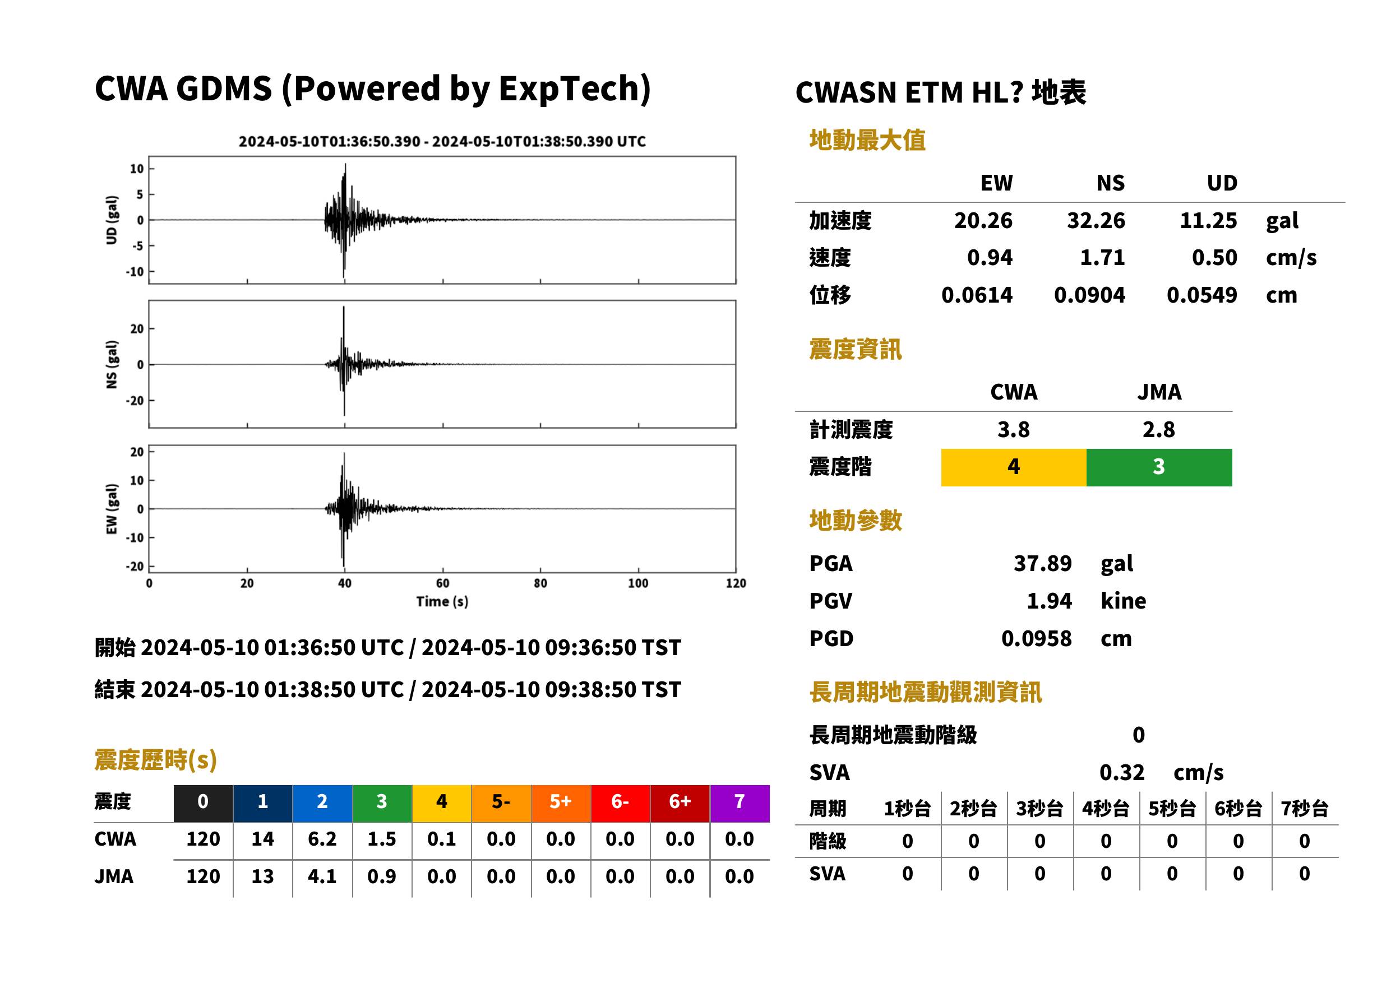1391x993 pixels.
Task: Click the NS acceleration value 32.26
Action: pos(1096,220)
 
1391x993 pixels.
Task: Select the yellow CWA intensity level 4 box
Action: pos(1014,467)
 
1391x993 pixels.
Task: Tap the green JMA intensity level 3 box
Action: pos(1159,467)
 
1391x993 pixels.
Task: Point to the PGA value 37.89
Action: pos(1042,563)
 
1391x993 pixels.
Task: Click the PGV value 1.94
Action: pos(1049,601)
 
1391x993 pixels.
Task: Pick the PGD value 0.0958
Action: pos(1036,638)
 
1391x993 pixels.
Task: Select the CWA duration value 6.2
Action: pos(322,839)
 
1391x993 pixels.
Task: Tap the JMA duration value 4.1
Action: pos(322,876)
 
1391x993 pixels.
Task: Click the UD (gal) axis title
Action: pos(112,220)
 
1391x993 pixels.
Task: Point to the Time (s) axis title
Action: pos(442,602)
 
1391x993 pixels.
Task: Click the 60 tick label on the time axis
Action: pos(442,583)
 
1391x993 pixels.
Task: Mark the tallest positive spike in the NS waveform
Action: pos(344,308)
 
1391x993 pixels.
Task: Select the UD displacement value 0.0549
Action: pos(1201,295)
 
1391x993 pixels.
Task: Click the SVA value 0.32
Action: pos(1122,772)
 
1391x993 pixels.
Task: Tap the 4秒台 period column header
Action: pos(1105,808)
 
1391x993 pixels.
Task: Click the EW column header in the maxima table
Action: pos(996,183)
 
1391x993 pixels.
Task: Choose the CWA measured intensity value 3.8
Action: pos(1014,429)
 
